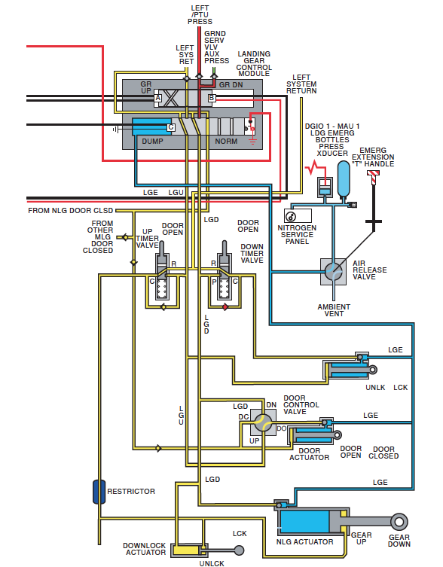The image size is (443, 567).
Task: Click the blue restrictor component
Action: coord(99,492)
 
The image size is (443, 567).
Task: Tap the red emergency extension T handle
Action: coord(373,175)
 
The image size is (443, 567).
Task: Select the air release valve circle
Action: coord(333,272)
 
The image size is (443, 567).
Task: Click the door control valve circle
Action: coord(263,422)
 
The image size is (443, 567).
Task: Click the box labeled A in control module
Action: coord(157,98)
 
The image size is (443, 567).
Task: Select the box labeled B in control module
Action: coord(212,98)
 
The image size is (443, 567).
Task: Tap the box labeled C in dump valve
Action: coord(171,127)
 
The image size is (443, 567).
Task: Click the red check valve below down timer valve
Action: coord(225,307)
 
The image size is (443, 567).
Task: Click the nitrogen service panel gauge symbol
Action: coord(291,216)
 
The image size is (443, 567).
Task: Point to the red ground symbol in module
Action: coord(252,141)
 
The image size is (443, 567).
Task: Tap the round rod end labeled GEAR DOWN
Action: coord(399,522)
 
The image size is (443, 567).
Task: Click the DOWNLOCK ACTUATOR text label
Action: coord(145,549)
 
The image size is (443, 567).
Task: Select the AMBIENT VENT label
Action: coord(334,310)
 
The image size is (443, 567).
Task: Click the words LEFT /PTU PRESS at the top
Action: coord(200,14)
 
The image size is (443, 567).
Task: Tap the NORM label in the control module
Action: coord(226,142)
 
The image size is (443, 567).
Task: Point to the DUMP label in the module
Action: coord(152,142)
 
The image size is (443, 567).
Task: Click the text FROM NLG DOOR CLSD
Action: coord(71,210)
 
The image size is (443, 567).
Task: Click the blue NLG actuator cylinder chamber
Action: coord(304,521)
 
